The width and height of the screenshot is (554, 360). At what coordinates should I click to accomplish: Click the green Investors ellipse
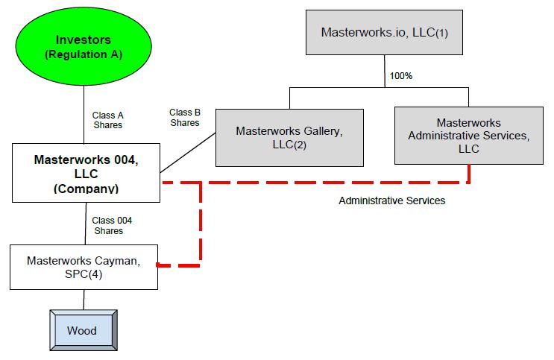[x=84, y=45]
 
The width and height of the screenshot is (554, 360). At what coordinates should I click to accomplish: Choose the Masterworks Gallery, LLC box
[x=289, y=137]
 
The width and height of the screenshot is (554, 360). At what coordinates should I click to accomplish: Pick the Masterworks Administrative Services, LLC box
[x=468, y=136]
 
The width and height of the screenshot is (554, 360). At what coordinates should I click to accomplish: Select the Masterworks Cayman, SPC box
[x=84, y=267]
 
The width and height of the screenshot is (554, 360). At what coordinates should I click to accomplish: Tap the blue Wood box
[x=82, y=329]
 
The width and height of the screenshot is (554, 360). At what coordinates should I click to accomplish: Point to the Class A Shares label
[x=107, y=120]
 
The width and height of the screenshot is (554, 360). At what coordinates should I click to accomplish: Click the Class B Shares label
[x=185, y=117]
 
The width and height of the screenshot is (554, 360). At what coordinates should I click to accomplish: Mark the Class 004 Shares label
[x=112, y=225]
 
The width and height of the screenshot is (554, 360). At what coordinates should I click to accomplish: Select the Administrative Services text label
[x=391, y=200]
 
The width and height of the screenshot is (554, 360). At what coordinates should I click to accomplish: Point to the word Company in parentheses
[x=85, y=189]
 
